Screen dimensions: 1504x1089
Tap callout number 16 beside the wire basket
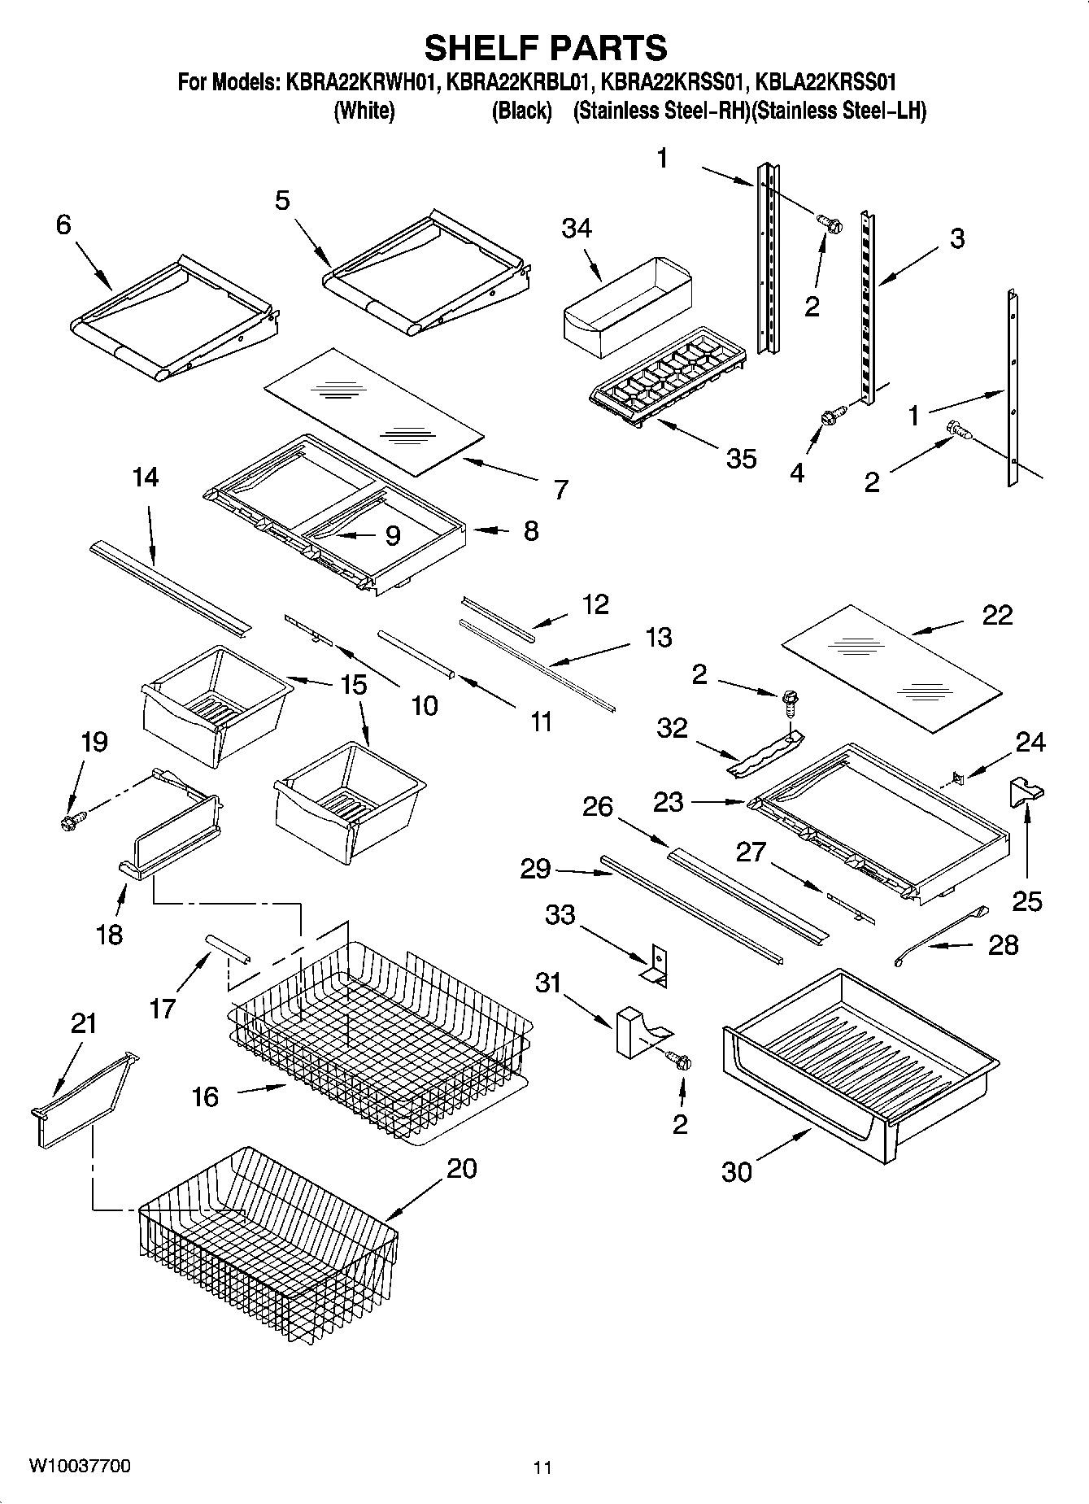pyautogui.click(x=205, y=1096)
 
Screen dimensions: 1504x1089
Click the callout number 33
pyautogui.click(x=560, y=915)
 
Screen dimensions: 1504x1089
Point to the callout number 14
pyautogui.click(x=145, y=477)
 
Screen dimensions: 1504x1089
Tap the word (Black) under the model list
pyautogui.click(x=521, y=111)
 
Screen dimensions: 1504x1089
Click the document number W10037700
pyautogui.click(x=79, y=1467)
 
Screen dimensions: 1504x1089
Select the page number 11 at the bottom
pyautogui.click(x=542, y=1467)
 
